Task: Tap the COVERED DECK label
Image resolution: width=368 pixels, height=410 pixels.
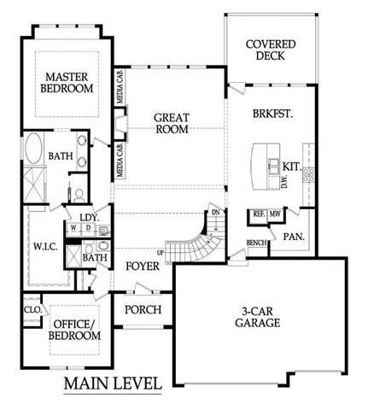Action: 270,50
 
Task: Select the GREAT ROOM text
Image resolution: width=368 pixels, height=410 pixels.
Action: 171,125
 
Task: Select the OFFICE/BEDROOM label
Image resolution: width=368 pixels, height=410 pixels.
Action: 77,330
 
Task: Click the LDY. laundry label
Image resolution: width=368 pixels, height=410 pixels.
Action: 90,218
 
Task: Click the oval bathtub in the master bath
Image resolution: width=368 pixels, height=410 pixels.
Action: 35,151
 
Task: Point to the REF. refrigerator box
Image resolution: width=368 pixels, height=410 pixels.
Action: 257,214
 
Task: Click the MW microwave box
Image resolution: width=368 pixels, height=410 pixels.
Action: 276,214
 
